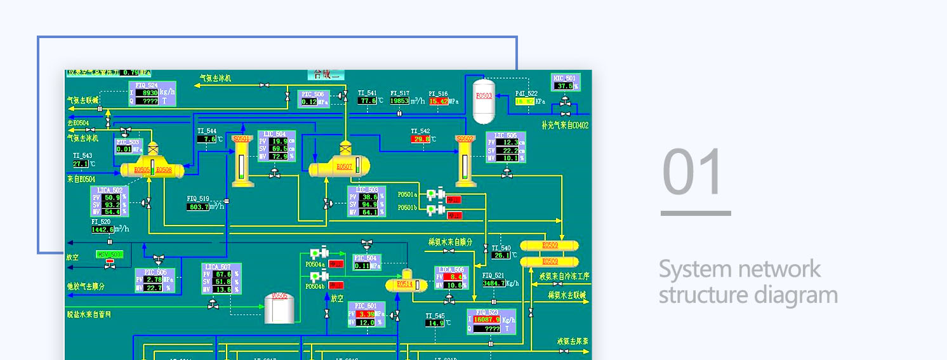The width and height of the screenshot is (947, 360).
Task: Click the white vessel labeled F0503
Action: [x=484, y=100]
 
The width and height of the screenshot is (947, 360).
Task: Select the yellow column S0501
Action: [x=241, y=161]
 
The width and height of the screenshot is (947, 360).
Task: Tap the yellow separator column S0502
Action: [x=465, y=161]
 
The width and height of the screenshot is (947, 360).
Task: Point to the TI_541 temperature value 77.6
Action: [x=367, y=101]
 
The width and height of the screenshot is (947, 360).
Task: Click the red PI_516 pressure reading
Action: [x=439, y=101]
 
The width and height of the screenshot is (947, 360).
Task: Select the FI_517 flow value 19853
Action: [x=400, y=101]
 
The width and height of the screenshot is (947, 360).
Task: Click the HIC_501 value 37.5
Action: [x=563, y=86]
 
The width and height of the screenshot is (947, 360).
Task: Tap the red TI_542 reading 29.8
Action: [x=420, y=139]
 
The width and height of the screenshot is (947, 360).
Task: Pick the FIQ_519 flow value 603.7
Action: [x=198, y=207]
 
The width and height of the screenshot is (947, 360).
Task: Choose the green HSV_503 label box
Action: [x=109, y=254]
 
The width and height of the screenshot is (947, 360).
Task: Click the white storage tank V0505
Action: [x=279, y=307]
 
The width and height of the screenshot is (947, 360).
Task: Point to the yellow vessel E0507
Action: [x=339, y=167]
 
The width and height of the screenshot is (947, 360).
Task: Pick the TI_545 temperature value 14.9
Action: [x=435, y=323]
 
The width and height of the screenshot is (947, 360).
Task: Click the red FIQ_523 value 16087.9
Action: [x=486, y=319]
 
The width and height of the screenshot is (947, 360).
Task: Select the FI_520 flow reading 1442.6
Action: [x=102, y=230]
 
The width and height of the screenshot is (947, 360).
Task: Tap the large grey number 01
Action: [x=692, y=172]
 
